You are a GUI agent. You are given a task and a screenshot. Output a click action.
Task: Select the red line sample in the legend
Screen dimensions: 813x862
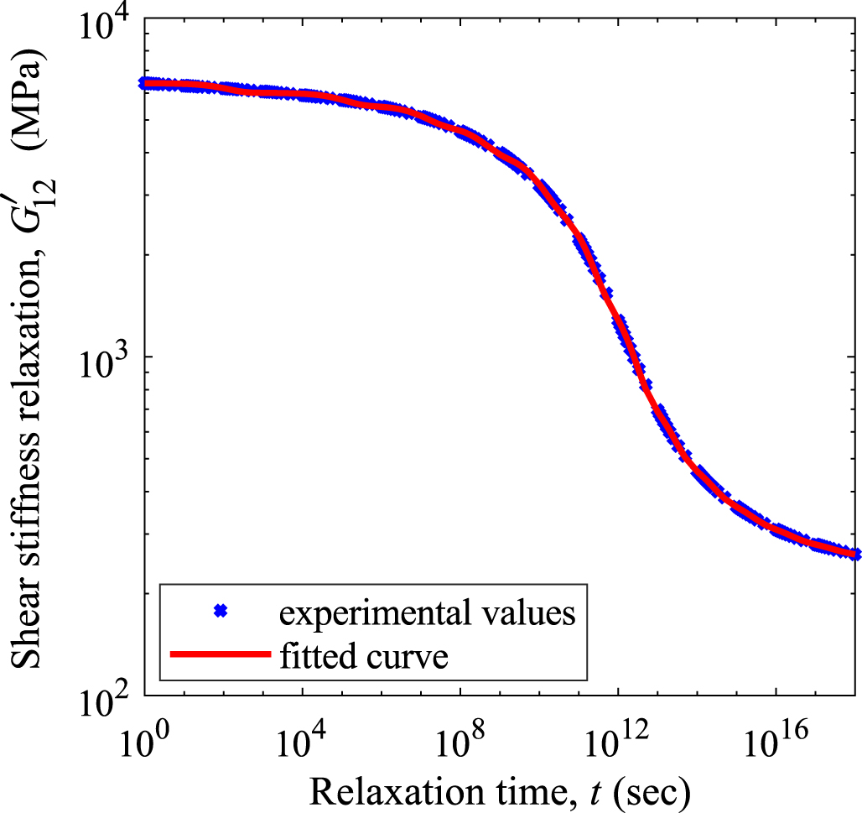[220, 655]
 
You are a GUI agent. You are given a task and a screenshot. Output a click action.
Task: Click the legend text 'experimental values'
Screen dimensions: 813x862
[427, 614]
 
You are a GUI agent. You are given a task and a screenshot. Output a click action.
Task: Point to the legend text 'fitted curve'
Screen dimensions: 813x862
[366, 657]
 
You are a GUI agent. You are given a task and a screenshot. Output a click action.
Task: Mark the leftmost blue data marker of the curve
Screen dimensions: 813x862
[144, 83]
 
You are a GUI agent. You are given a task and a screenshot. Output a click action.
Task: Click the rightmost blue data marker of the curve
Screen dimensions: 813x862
[854, 555]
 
